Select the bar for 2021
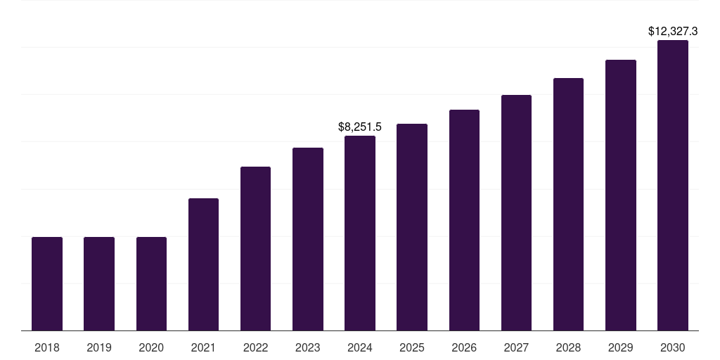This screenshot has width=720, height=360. (203, 264)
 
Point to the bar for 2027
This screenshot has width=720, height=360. (516, 212)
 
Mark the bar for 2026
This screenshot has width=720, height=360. (464, 220)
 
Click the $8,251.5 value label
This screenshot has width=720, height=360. (360, 127)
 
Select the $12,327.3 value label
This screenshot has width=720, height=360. (673, 32)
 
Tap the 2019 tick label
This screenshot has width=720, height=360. (99, 347)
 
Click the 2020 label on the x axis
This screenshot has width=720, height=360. (151, 347)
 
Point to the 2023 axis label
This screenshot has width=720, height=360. (307, 347)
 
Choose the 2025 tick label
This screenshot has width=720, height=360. (412, 347)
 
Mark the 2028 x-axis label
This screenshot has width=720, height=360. (568, 347)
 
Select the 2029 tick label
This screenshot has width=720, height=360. (620, 347)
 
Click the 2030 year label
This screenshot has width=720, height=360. (673, 347)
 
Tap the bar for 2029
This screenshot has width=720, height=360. (621, 195)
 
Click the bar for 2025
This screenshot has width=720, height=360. (412, 227)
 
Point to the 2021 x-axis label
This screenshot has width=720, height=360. (203, 347)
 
